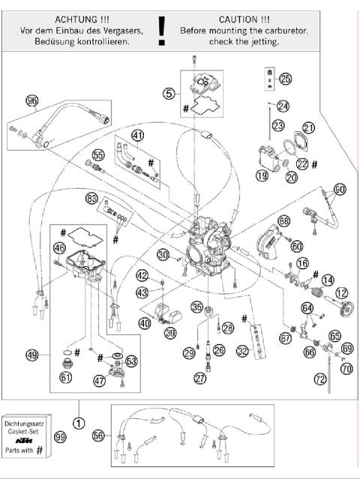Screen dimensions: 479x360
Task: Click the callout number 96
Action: (31, 101)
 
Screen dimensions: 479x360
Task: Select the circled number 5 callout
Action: (169, 94)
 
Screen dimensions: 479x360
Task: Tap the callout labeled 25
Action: (285, 79)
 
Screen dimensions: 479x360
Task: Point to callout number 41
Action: (137, 135)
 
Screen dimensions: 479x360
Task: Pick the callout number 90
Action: (341, 190)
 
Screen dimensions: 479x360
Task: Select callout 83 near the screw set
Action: (91, 199)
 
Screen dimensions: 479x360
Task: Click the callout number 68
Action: (283, 221)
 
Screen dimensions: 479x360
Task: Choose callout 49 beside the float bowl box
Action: (31, 355)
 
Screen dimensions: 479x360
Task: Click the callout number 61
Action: (67, 377)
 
